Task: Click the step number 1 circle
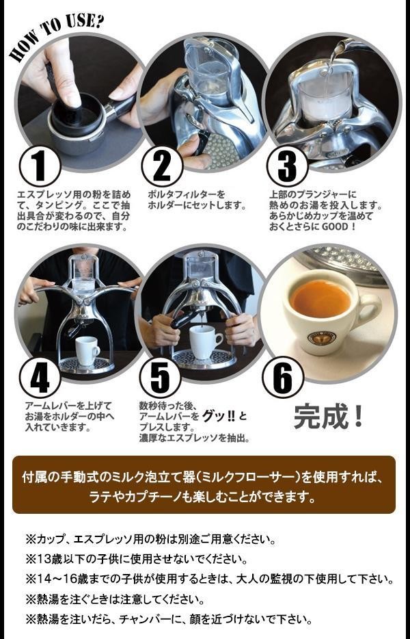[x=40, y=167]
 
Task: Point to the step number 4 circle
[x=40, y=378]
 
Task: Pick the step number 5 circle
[x=160, y=378]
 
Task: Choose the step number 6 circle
[x=283, y=378]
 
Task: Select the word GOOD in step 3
[x=334, y=226]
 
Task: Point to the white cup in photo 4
[x=87, y=350]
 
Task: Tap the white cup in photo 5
[x=206, y=342]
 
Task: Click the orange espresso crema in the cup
[x=320, y=300]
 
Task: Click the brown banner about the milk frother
[x=204, y=485]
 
